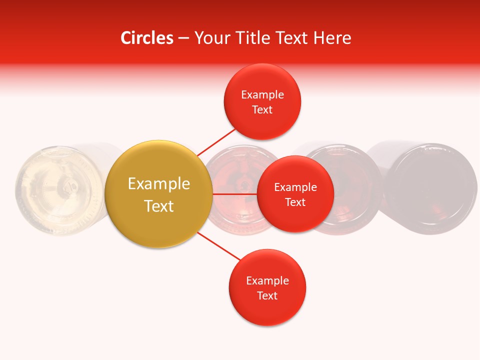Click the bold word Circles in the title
146,38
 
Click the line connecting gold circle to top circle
216,141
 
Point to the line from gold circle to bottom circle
219,246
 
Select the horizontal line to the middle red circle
234,193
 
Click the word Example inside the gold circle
159,183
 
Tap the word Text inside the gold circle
159,206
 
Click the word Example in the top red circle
262,95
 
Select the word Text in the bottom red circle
267,295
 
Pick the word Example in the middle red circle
295,187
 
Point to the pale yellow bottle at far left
55,190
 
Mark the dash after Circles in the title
183,38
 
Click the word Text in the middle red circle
295,202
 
